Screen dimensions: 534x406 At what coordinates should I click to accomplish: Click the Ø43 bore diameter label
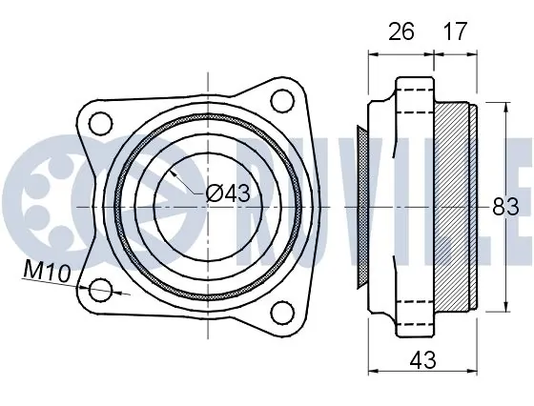(x=228, y=193)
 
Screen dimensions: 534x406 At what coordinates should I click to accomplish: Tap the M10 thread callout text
(x=47, y=272)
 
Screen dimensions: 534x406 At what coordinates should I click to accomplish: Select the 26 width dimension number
(x=401, y=31)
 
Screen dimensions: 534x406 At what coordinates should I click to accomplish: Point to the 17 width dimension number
(x=455, y=31)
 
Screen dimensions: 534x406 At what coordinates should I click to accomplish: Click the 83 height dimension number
(x=505, y=206)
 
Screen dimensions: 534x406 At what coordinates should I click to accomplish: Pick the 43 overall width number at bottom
(x=423, y=360)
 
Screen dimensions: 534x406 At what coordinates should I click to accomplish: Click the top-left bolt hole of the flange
(x=100, y=123)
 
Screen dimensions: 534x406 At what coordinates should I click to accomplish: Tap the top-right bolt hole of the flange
(x=282, y=101)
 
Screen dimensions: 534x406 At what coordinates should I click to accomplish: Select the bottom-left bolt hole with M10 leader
(x=100, y=290)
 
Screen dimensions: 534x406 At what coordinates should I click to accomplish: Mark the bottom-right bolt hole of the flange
(x=282, y=313)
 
